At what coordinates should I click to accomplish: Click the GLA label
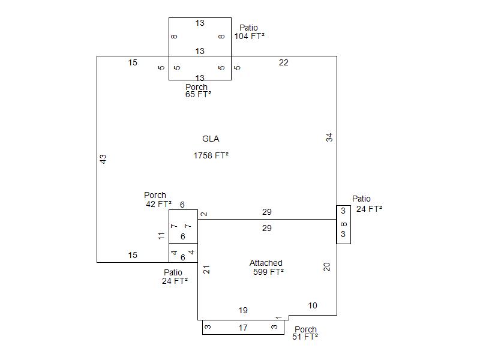[x=211, y=139]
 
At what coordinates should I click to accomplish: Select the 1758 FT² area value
[x=211, y=155]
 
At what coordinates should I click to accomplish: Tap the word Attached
[x=266, y=263]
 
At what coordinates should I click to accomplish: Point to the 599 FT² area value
[x=268, y=272]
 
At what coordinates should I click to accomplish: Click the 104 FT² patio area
[x=250, y=36]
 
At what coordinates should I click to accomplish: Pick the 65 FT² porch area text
[x=198, y=95]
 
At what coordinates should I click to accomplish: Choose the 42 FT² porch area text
[x=158, y=204]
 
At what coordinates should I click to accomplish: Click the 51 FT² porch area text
[x=305, y=337]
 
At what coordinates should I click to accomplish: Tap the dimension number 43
[x=103, y=159]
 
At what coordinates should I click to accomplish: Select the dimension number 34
[x=329, y=137]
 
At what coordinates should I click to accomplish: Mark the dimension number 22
[x=284, y=62]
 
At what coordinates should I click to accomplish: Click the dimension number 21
[x=207, y=270]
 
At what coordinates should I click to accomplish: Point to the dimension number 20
[x=328, y=267]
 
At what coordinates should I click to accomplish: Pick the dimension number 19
[x=243, y=310]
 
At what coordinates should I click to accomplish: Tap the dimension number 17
[x=243, y=328]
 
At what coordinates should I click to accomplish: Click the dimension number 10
[x=313, y=305]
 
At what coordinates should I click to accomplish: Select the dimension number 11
[x=161, y=236]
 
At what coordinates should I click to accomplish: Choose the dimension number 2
[x=204, y=214]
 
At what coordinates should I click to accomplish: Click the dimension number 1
[x=278, y=317]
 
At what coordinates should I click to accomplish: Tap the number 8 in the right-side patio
[x=343, y=225]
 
